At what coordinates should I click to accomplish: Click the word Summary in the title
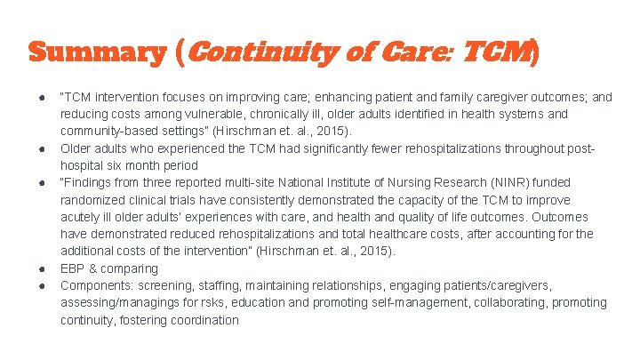[x=96, y=52]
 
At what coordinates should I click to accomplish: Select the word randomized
[x=95, y=200]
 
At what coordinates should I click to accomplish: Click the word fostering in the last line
[x=137, y=320]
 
